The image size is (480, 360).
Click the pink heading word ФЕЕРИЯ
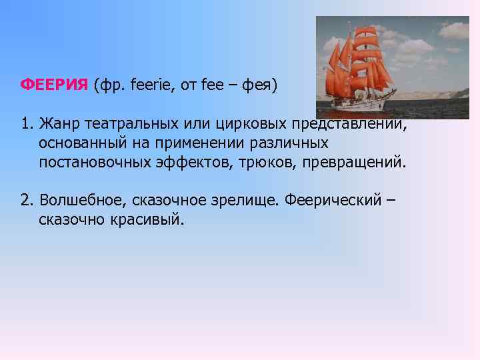pyautogui.click(x=55, y=85)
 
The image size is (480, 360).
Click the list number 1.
pyautogui.click(x=25, y=124)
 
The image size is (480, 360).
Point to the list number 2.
pyautogui.click(x=25, y=201)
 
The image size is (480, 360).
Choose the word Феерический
pyautogui.click(x=326, y=201)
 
